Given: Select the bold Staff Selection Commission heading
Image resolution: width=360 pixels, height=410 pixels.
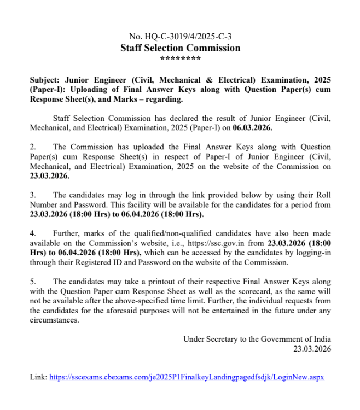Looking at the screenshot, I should (x=180, y=48).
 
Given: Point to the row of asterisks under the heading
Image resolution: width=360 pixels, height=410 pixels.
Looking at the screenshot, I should (x=180, y=58).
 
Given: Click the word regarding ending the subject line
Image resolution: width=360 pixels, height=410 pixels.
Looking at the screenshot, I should (x=166, y=99).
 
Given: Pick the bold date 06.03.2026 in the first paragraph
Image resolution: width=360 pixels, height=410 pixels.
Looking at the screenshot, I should (x=251, y=127).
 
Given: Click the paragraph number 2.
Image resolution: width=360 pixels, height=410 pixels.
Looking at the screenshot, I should (x=32, y=147).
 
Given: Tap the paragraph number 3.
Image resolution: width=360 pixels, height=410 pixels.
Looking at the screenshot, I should (x=32, y=195).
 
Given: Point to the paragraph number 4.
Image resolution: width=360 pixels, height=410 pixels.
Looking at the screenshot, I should (x=32, y=233).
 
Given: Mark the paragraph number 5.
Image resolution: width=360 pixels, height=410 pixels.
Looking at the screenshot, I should (x=32, y=282).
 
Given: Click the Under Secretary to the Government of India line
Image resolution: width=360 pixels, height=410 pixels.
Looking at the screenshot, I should (x=257, y=339).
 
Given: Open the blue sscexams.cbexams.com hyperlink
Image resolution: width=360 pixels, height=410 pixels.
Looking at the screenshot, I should (x=187, y=377).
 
